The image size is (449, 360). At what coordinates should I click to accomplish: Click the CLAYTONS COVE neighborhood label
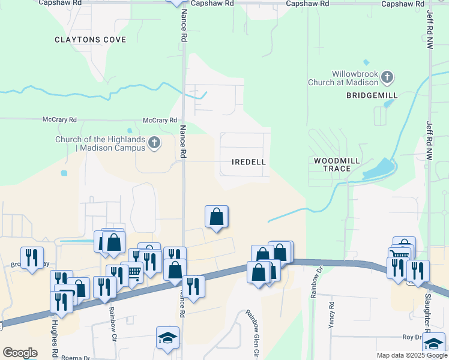(90, 40)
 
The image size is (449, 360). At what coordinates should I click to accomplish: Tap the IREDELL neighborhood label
(249, 162)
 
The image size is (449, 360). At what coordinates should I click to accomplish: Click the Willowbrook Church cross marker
(387, 77)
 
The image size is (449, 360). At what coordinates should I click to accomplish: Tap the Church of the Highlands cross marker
(154, 143)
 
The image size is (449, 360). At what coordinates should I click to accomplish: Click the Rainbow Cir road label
(111, 324)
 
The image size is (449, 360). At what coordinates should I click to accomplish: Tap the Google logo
(20, 353)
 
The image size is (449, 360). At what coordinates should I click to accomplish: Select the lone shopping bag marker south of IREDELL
(217, 217)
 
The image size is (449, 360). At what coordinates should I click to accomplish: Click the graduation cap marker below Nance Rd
(167, 337)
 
